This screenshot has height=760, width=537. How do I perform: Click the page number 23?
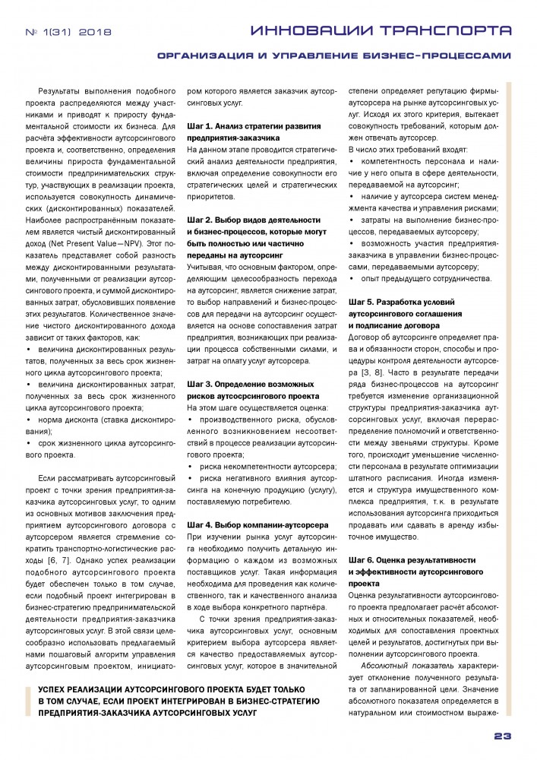(503, 736)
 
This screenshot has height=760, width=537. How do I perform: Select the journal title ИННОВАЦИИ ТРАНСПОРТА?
(381, 30)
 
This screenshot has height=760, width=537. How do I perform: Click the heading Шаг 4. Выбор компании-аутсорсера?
(257, 524)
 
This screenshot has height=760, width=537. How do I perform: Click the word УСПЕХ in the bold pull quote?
(46, 687)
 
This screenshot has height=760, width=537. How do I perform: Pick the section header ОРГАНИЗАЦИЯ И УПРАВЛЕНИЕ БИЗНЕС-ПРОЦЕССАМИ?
(334, 55)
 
